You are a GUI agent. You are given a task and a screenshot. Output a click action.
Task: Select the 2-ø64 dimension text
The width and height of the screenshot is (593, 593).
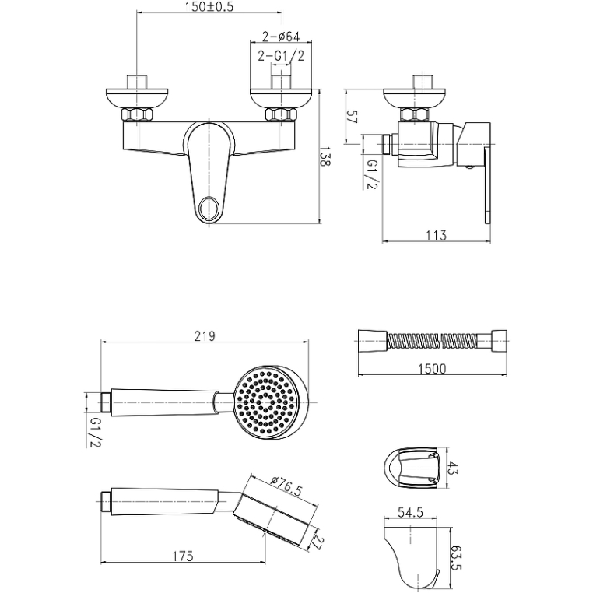[281, 36]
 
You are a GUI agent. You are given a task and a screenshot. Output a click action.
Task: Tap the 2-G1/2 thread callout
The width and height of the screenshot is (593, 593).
[281, 56]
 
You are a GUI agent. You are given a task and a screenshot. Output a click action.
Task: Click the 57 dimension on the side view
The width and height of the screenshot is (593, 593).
[351, 118]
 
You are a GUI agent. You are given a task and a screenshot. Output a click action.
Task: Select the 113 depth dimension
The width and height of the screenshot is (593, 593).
[437, 235]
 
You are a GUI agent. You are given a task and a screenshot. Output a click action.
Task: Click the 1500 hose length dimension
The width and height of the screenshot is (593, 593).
[432, 369]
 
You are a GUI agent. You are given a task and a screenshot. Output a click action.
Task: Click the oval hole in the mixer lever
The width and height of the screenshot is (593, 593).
[209, 209]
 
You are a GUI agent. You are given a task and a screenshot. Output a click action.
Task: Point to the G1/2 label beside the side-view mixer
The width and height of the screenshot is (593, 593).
[372, 174]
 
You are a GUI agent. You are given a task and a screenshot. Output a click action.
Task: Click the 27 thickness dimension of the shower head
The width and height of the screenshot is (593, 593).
[315, 541]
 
